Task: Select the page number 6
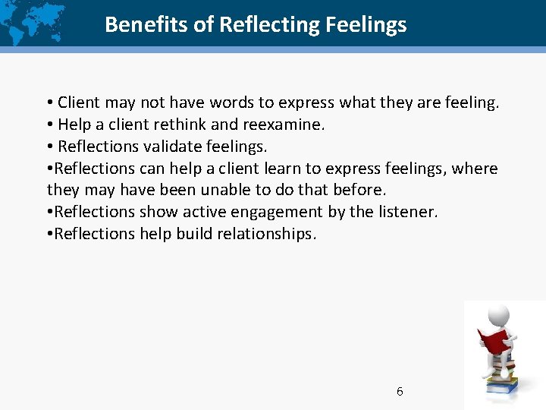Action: point(400,392)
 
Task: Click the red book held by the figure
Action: point(494,341)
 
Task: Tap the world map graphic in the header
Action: point(34,23)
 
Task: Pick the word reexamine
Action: point(284,124)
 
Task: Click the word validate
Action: point(166,146)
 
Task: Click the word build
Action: point(195,234)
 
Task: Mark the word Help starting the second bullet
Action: point(74,124)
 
